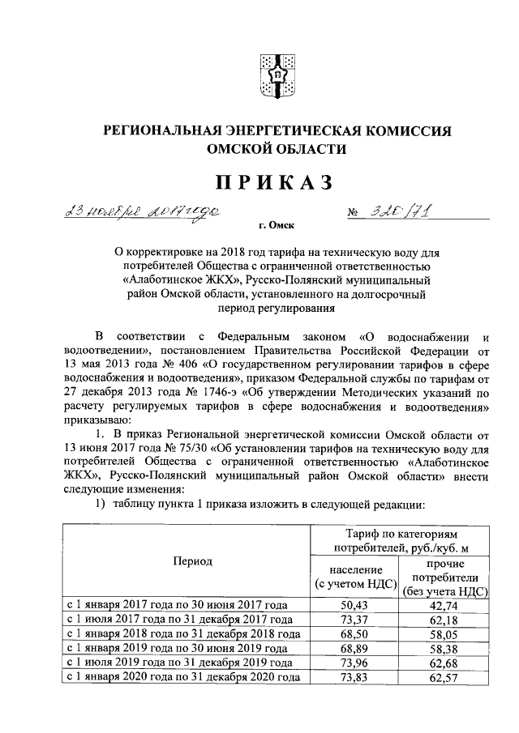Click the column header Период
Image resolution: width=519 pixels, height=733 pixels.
pos(192,560)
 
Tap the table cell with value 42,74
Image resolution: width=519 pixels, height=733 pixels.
pos(444,605)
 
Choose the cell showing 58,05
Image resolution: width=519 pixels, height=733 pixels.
pos(444,634)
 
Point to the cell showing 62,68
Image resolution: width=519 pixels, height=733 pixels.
pos(444,663)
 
